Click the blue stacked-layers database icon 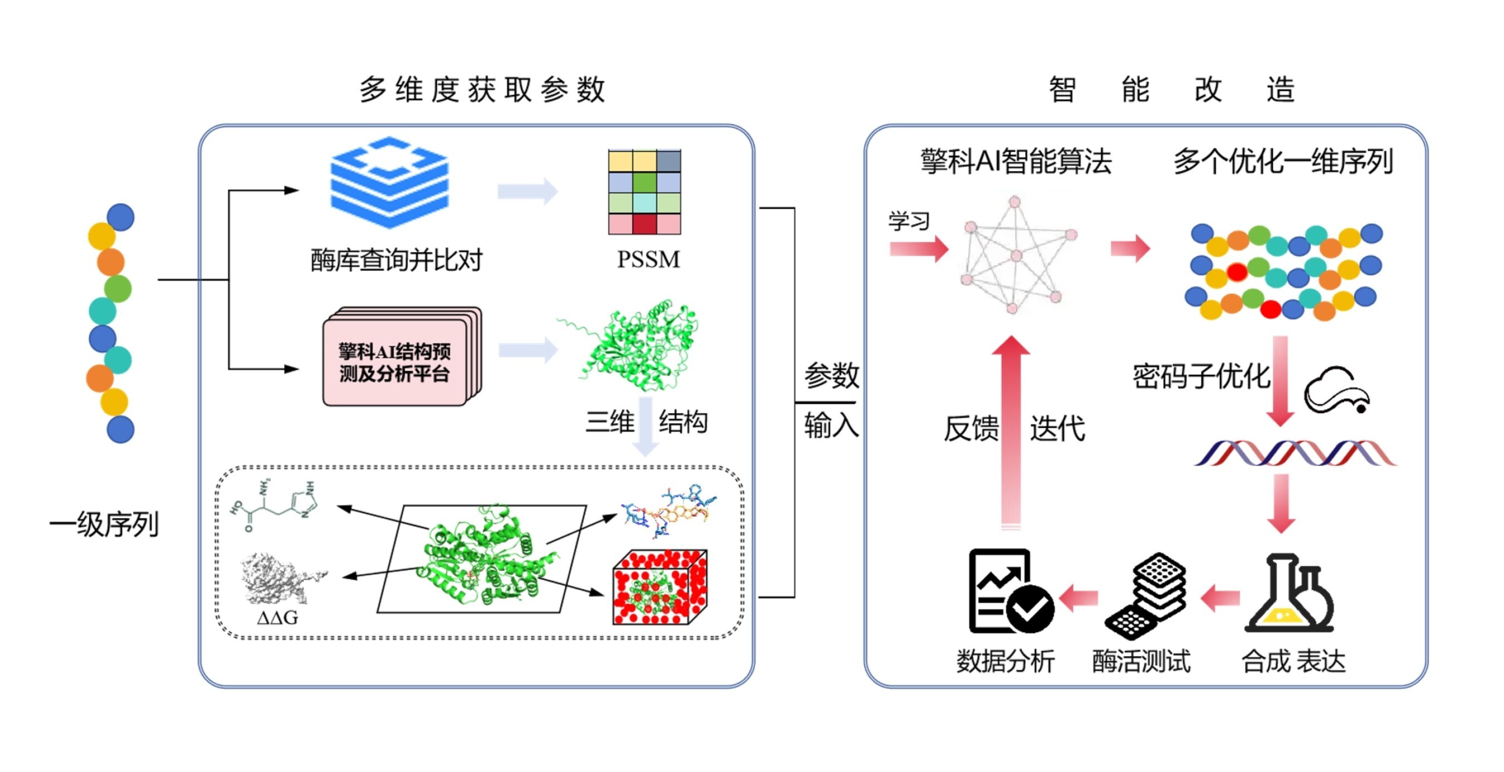pyautogui.click(x=389, y=182)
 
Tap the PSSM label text pyautogui.click(x=648, y=259)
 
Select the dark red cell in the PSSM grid pyautogui.click(x=644, y=224)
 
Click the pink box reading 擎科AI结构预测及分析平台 pyautogui.click(x=395, y=362)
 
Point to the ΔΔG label pyautogui.click(x=277, y=617)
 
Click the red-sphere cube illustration pyautogui.click(x=660, y=587)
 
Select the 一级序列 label pyautogui.click(x=104, y=524)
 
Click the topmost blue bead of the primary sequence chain pyautogui.click(x=121, y=217)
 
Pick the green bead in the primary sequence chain pyautogui.click(x=118, y=289)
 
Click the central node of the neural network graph pyautogui.click(x=1017, y=256)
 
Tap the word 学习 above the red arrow pyautogui.click(x=909, y=221)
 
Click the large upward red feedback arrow pyautogui.click(x=1010, y=432)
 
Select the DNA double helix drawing pyautogui.click(x=1295, y=453)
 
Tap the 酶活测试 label pyautogui.click(x=1141, y=662)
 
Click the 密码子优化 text pyautogui.click(x=1201, y=376)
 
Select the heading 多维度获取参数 pyautogui.click(x=482, y=90)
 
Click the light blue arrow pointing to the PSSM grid pyautogui.click(x=527, y=191)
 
